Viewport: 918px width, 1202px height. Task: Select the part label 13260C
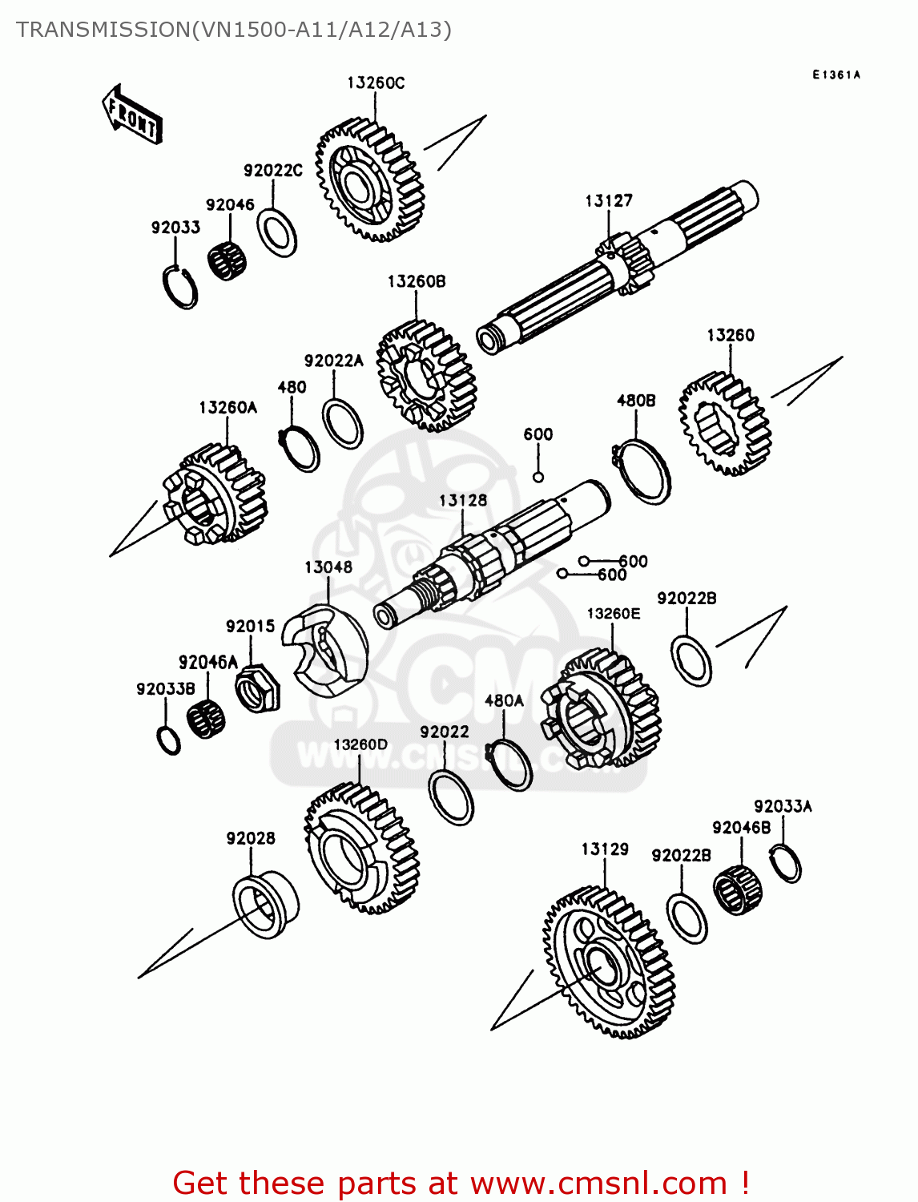pyautogui.click(x=375, y=83)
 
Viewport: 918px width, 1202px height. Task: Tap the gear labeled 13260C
pyautogui.click(x=369, y=182)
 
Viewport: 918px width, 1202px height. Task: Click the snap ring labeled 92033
pyautogui.click(x=180, y=286)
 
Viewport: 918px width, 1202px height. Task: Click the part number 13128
pyautogui.click(x=462, y=501)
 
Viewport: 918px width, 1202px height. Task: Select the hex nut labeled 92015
pyautogui.click(x=257, y=688)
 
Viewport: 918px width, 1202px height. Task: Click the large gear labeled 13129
pyautogui.click(x=609, y=962)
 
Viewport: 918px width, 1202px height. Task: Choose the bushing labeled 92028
pyautogui.click(x=265, y=906)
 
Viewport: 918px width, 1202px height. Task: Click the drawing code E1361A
pyautogui.click(x=835, y=75)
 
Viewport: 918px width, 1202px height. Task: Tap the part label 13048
pyautogui.click(x=328, y=567)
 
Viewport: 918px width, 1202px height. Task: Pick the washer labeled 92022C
pyautogui.click(x=277, y=233)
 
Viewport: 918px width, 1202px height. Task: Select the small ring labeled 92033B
pyautogui.click(x=169, y=740)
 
